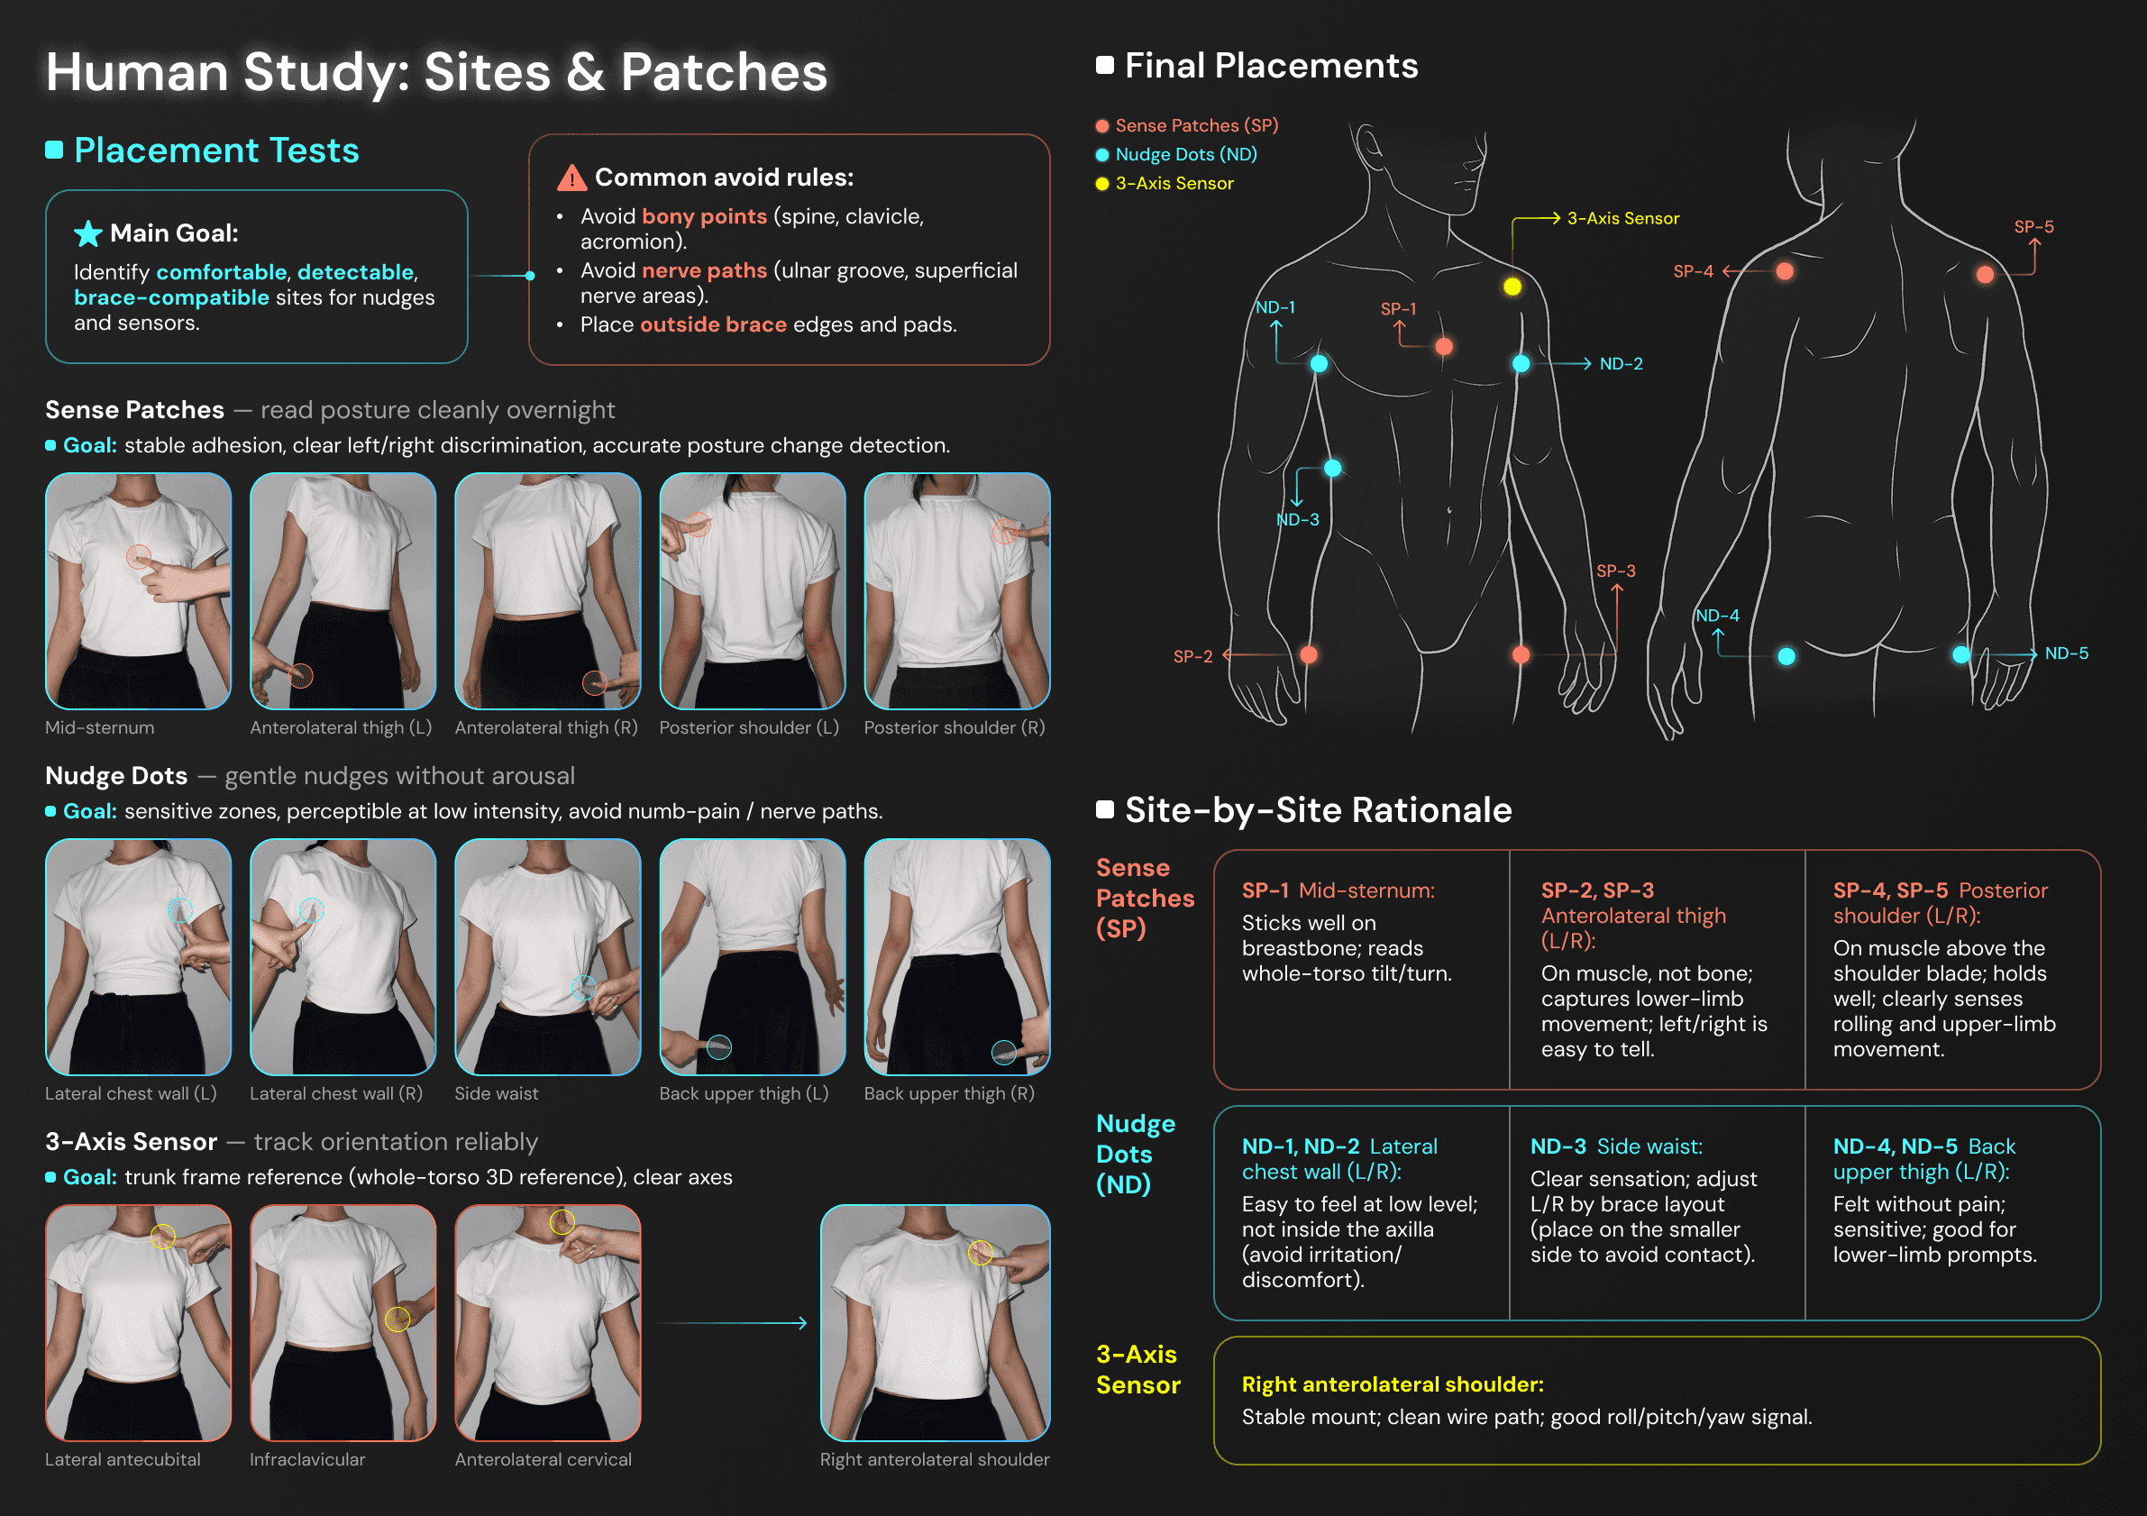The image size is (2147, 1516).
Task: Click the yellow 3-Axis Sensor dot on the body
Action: [x=1512, y=287]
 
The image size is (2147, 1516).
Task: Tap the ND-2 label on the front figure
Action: [x=1621, y=364]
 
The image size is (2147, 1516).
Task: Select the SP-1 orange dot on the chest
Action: [x=1444, y=347]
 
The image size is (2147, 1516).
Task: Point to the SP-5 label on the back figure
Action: [x=2033, y=226]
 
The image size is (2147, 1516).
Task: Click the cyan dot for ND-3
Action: [x=1332, y=468]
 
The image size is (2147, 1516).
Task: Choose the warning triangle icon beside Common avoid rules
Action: [x=571, y=178]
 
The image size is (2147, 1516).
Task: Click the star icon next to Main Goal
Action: [x=88, y=233]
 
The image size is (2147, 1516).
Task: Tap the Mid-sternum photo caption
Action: [x=100, y=727]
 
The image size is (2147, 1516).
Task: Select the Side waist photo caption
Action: [x=497, y=1093]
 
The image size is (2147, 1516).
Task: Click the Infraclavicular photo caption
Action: [x=307, y=1459]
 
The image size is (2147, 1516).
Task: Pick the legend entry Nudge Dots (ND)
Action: [x=1185, y=154]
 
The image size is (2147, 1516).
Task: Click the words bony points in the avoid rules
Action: [x=703, y=217]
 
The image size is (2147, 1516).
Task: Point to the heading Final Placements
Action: [x=1271, y=66]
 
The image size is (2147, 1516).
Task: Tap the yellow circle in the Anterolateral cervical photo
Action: [x=562, y=1221]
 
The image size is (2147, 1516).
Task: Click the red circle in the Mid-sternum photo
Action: [x=139, y=557]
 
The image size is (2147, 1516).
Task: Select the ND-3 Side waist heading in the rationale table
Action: [x=1616, y=1146]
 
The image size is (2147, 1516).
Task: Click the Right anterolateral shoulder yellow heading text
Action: [x=1393, y=1384]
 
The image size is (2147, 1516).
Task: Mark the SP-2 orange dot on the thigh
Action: [x=1308, y=654]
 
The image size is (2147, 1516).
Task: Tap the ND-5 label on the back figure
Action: [x=2066, y=653]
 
